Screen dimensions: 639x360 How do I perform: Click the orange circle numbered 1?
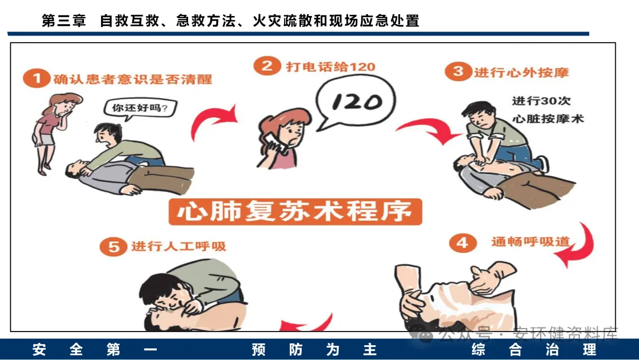[36, 78]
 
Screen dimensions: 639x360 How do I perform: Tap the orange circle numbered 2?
[267, 66]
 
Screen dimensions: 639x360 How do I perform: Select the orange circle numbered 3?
[458, 71]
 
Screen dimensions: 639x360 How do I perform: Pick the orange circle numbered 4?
[463, 243]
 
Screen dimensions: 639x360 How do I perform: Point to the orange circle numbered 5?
[114, 247]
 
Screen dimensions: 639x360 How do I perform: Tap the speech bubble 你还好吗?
[140, 108]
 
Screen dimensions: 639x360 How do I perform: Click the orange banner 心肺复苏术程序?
[295, 211]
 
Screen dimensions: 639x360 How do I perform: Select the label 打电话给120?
[331, 66]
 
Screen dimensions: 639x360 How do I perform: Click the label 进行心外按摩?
[521, 73]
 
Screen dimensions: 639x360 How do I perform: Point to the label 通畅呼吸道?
[530, 242]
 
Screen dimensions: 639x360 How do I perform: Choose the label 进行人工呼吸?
[179, 246]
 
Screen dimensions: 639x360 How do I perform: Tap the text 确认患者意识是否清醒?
[133, 79]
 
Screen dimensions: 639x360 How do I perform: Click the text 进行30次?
[541, 101]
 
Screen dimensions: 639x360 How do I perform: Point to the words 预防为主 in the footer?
[314, 349]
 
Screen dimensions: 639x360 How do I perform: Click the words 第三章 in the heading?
[64, 20]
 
